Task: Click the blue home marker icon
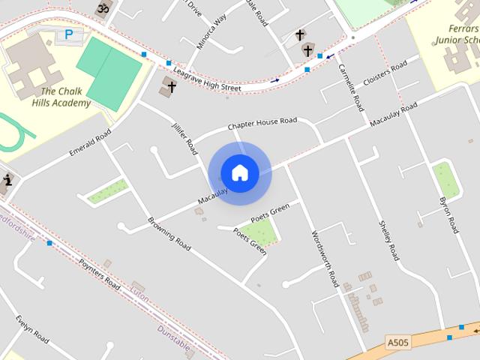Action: coord(239,172)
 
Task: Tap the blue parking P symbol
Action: coord(69,34)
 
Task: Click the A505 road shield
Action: coord(398,343)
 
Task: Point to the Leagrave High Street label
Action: coord(206,79)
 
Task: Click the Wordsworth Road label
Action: coord(325,259)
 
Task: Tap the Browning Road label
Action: coord(169,233)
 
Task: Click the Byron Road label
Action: coord(448,215)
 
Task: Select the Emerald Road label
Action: coord(90,142)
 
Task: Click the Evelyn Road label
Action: coord(31,328)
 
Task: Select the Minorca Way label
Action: coord(211,33)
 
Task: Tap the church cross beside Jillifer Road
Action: coord(171,87)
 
